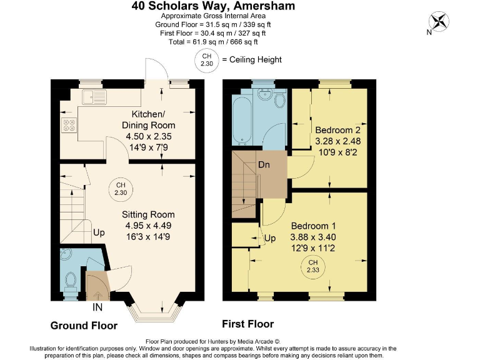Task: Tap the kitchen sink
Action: [x=94, y=97]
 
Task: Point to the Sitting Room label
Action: [x=147, y=214]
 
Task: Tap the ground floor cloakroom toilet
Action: [x=69, y=279]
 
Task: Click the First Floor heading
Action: [x=248, y=324]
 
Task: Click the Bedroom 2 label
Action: [x=338, y=130]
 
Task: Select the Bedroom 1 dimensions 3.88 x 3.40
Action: [x=312, y=237]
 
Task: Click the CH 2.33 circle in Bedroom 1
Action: [x=312, y=266]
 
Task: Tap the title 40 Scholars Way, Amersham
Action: [x=213, y=6]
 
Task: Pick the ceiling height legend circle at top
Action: [x=206, y=60]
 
